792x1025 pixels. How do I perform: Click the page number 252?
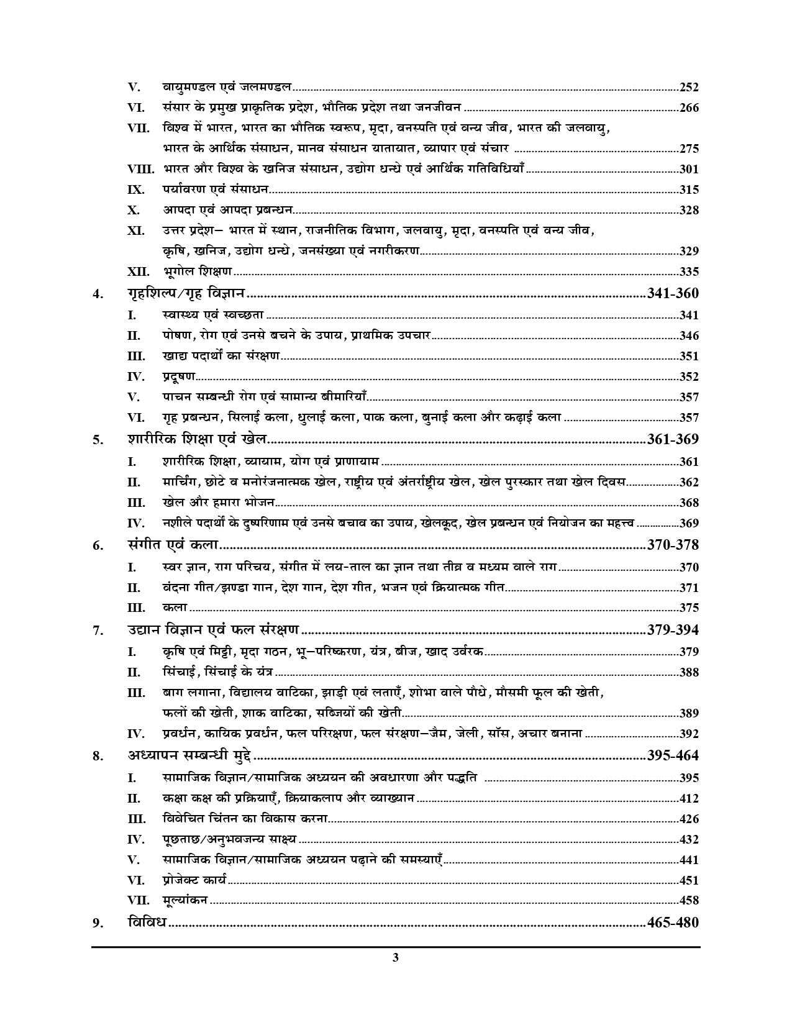[x=689, y=88]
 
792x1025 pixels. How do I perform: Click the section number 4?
[x=97, y=294]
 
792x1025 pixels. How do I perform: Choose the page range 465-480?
[x=673, y=922]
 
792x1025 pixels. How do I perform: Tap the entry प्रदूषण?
[x=179, y=376]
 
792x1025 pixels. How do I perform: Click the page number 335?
[x=689, y=271]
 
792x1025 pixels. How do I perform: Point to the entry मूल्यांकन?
[x=185, y=900]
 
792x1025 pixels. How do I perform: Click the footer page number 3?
[x=396, y=957]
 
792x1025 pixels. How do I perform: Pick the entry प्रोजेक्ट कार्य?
[x=195, y=880]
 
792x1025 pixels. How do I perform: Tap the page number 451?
[x=689, y=880]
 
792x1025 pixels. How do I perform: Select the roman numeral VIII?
[x=141, y=169]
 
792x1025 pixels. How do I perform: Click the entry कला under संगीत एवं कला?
[x=175, y=608]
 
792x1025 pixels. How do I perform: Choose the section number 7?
[x=97, y=631]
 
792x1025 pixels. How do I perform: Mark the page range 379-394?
[x=673, y=630]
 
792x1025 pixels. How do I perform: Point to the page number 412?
[x=689, y=798]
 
